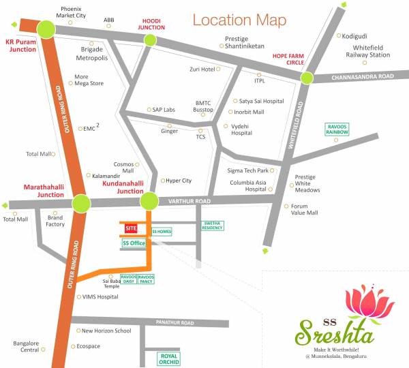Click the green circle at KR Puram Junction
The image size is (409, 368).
pos(46,29)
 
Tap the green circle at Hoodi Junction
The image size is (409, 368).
pos(151,41)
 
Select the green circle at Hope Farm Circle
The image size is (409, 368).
pos(306,78)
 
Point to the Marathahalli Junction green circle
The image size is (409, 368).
pos(81,203)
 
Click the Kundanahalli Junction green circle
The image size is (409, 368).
pos(149,201)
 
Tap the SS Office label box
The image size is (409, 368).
pos(134,243)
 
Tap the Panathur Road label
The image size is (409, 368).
pos(175,322)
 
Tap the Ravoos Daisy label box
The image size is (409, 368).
pos(129,279)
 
